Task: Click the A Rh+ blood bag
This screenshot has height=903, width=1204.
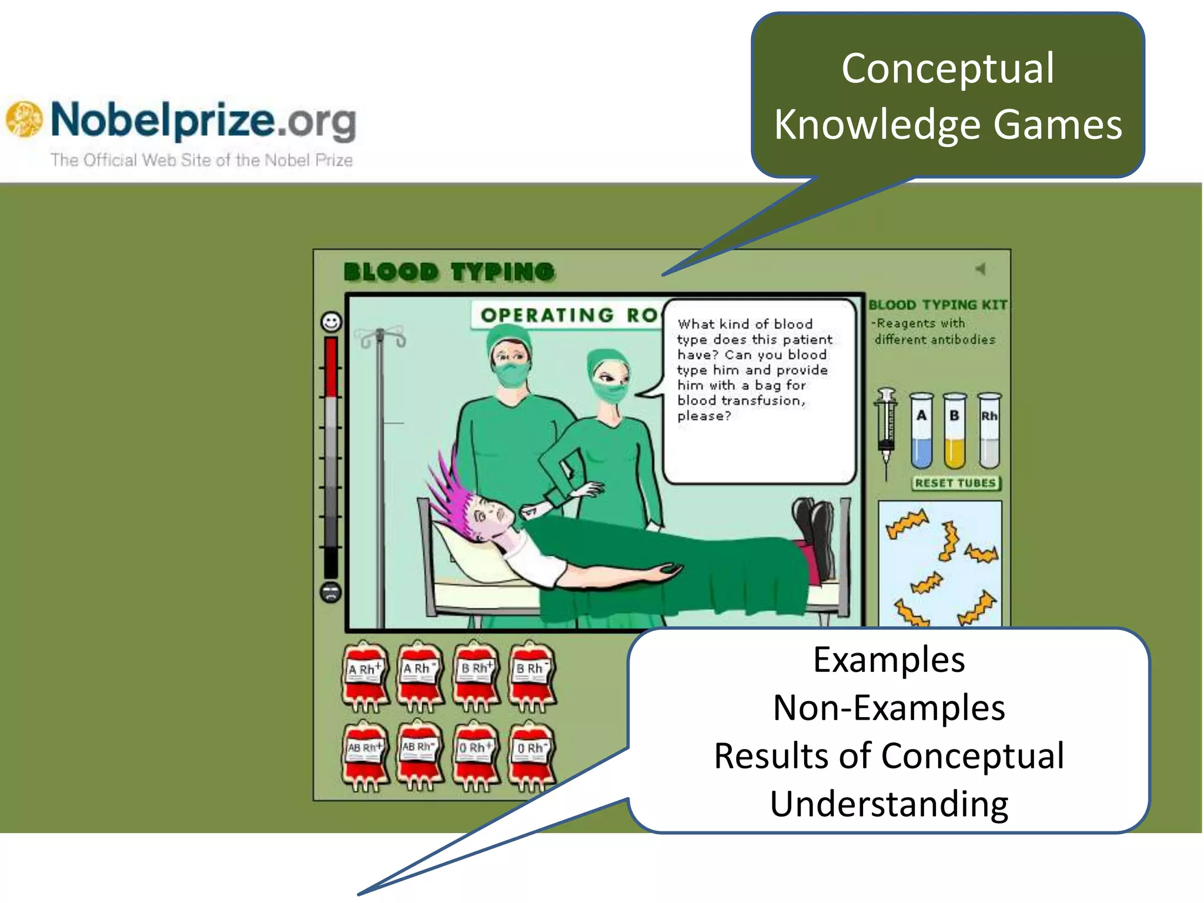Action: tap(365, 676)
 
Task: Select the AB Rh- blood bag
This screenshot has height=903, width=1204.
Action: tap(419, 755)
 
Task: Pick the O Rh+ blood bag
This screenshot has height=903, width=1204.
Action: tap(475, 756)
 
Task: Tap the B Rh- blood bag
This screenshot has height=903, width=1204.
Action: tap(531, 676)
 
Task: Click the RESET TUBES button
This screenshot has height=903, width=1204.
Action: tap(956, 483)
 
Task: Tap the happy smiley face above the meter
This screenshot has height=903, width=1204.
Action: tap(331, 322)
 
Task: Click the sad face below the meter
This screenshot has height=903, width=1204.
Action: tap(331, 592)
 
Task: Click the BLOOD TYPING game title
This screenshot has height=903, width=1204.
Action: tap(449, 272)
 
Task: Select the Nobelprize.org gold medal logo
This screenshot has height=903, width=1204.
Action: tap(24, 119)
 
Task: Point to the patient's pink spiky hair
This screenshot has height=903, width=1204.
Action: tap(451, 494)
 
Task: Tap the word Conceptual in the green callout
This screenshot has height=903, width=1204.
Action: tap(948, 69)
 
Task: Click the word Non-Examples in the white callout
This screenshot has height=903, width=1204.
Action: tap(889, 707)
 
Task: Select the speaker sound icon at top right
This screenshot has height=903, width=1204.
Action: tap(980, 269)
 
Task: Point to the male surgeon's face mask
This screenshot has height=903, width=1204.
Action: tap(511, 374)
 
